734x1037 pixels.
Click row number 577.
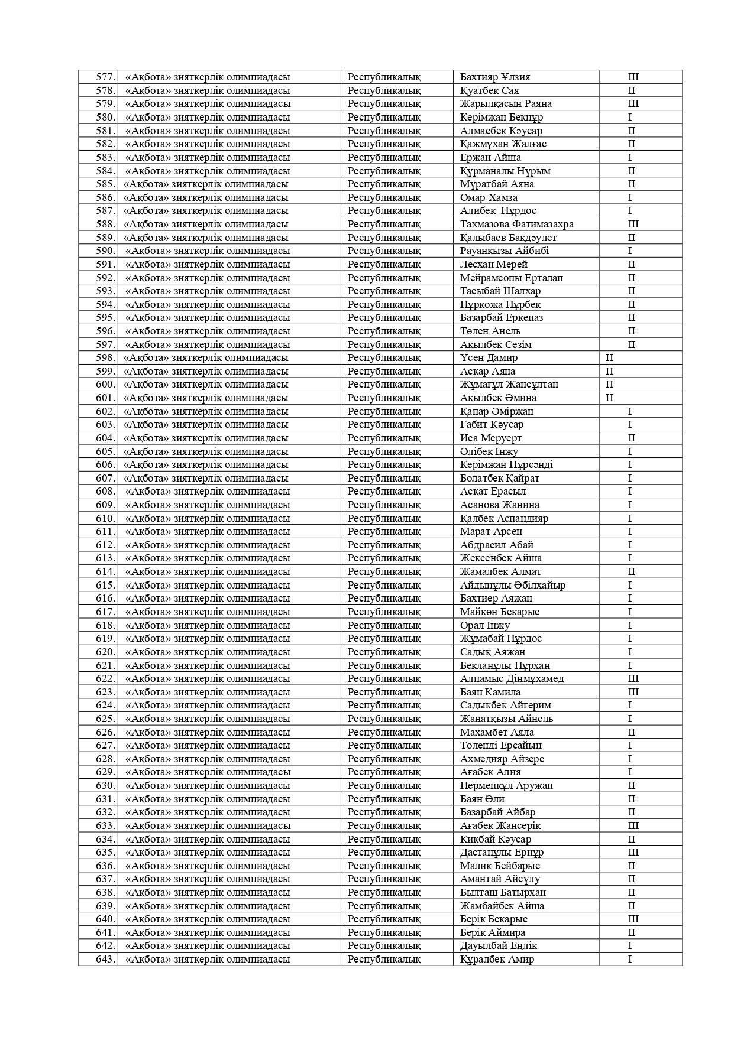[105, 77]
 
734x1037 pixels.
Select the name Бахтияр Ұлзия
[495, 77]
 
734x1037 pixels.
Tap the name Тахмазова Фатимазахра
[516, 224]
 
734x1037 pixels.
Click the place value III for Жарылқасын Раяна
[633, 103]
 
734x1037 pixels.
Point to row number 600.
[105, 384]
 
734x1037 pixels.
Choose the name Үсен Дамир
[489, 357]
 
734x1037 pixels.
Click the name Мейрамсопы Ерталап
[511, 278]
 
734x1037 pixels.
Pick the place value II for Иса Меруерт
[631, 438]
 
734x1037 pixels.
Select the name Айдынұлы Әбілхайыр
[512, 585]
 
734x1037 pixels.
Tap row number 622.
[105, 678]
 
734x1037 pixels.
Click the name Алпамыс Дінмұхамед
[512, 678]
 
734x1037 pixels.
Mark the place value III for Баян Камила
[633, 692]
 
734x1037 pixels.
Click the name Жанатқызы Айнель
[506, 719]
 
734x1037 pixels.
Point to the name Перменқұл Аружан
[506, 785]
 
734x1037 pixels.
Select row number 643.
[105, 959]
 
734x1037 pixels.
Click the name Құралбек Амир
[497, 959]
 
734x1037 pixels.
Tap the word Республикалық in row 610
[384, 518]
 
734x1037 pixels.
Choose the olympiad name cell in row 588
[206, 224]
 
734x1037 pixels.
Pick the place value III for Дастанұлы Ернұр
[633, 852]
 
